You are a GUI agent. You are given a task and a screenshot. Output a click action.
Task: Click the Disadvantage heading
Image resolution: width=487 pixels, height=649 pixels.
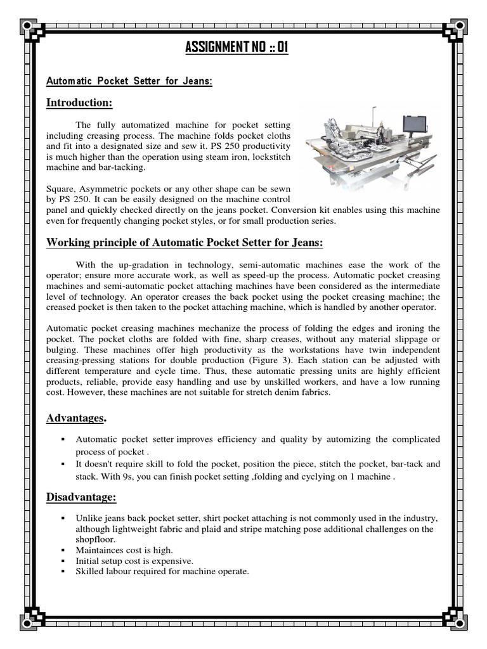tap(80, 497)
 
